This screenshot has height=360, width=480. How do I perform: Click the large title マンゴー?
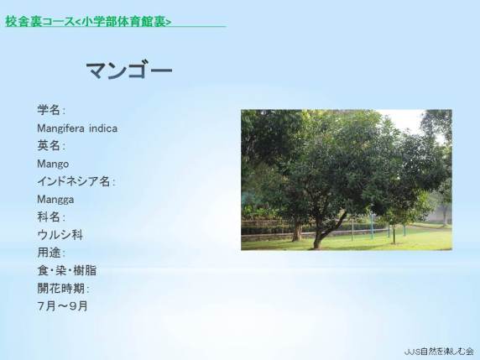point(129,70)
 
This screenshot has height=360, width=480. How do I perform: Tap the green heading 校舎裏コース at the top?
point(40,22)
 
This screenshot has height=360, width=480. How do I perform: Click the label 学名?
point(51,110)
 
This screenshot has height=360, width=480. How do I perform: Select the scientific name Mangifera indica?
point(77,128)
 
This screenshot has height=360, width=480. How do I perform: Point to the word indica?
point(103,128)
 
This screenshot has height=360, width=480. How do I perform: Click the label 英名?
point(51,146)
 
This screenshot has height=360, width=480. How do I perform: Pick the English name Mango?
point(53,164)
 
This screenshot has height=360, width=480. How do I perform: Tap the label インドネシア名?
point(76,181)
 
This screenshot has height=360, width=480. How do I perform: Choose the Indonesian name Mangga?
point(55,200)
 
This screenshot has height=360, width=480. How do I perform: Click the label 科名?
point(51,217)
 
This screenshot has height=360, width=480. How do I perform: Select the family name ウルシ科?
point(60,235)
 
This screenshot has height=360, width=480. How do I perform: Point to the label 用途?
point(51,253)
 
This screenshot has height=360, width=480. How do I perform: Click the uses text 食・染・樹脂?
point(67,270)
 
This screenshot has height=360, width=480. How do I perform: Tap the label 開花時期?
point(63,289)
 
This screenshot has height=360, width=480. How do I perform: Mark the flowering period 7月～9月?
point(62,306)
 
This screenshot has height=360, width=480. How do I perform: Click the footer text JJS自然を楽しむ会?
point(439,352)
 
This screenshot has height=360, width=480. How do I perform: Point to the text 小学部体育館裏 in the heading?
point(124,22)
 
